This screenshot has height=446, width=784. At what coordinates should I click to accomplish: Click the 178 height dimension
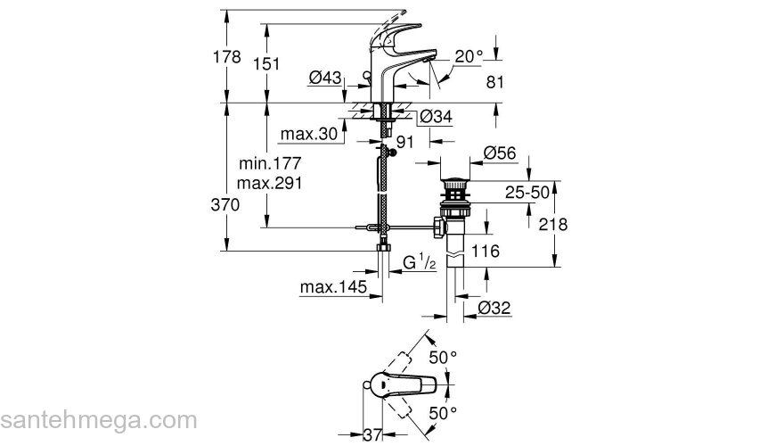(x=230, y=57)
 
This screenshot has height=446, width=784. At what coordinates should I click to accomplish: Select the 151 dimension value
(x=266, y=63)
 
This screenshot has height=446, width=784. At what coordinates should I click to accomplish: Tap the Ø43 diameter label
(x=325, y=79)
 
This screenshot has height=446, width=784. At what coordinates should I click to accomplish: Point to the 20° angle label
(x=467, y=56)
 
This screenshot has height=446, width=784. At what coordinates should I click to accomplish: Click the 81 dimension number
(x=495, y=82)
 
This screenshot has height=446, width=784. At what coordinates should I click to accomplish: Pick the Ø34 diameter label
(x=437, y=116)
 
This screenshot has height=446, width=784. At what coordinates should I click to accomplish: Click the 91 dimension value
(x=406, y=141)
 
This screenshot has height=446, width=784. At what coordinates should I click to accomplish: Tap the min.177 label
(x=271, y=164)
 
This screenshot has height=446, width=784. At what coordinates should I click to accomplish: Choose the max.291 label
(x=271, y=184)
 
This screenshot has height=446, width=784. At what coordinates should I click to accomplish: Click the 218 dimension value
(x=553, y=225)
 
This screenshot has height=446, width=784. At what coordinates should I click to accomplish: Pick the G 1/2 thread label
(x=419, y=262)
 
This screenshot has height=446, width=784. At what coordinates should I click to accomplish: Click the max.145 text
(x=333, y=287)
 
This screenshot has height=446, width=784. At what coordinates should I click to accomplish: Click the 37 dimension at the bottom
(x=374, y=434)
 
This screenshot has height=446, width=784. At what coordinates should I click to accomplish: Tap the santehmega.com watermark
(x=98, y=420)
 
